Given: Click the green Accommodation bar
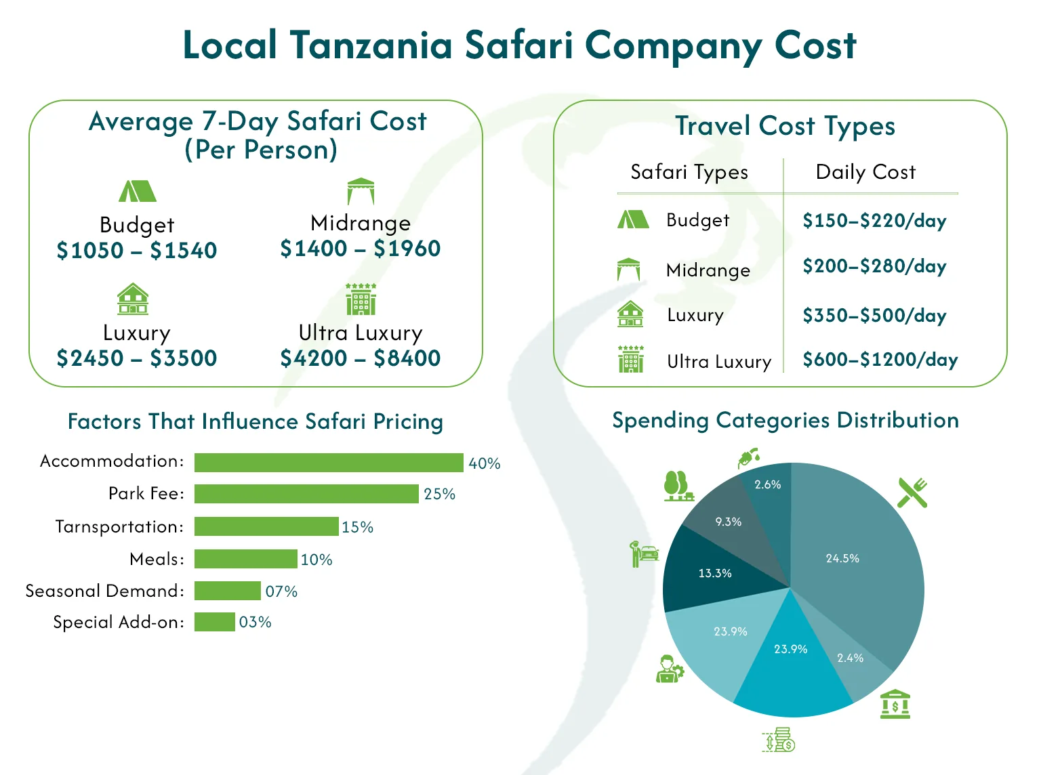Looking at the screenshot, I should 329,463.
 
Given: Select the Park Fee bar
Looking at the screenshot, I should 306,494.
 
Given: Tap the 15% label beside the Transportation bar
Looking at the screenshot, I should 357,527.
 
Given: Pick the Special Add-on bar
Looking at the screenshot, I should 214,622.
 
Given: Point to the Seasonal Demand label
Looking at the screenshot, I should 105,591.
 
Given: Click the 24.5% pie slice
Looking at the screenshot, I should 854,556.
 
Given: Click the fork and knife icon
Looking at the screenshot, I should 912,493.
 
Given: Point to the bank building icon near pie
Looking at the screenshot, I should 895,705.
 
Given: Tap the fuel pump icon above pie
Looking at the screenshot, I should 748,458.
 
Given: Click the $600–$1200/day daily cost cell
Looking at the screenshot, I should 880,360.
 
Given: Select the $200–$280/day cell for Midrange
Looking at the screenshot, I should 874,266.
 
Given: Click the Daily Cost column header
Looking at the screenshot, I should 865,172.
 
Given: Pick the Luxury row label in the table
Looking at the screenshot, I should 695,315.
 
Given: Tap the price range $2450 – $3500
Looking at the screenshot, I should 137,358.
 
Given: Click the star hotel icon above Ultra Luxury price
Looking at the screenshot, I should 361,299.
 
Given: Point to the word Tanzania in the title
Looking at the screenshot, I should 371,45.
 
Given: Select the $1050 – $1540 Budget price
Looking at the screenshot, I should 137,251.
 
